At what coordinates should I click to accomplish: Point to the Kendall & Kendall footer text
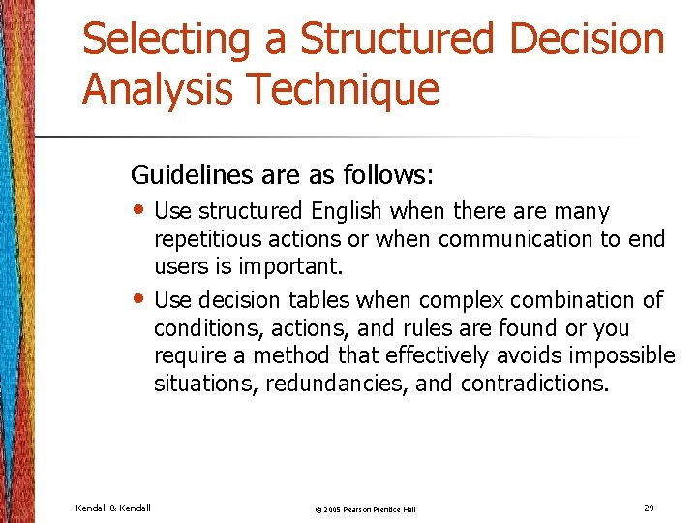(112, 508)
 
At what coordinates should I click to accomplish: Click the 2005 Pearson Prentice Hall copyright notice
(352, 509)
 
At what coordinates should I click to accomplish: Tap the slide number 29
(649, 508)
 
